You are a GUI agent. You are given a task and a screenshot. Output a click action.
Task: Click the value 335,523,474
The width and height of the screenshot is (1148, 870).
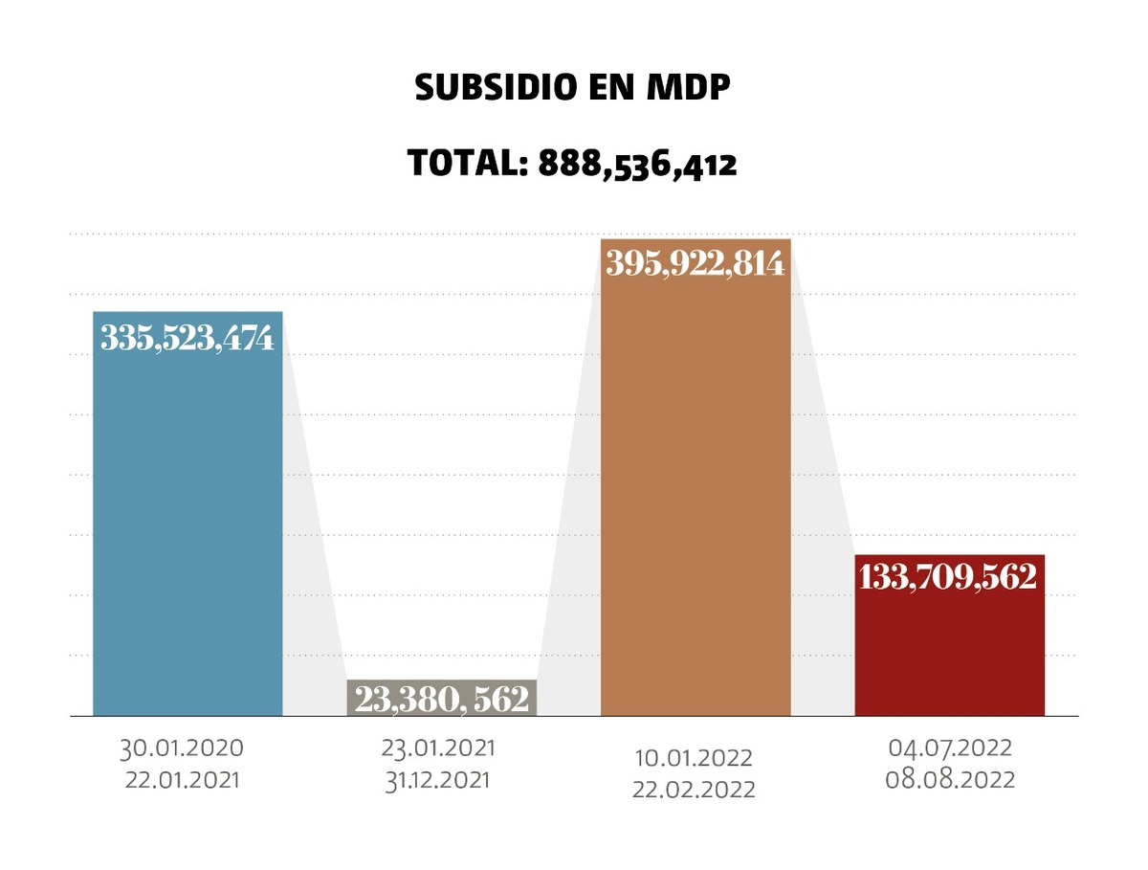[x=188, y=338]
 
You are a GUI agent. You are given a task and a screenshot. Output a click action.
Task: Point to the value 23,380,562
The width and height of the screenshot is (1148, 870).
[x=441, y=699]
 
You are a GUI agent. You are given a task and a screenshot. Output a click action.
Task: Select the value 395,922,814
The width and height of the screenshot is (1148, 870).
[x=695, y=263]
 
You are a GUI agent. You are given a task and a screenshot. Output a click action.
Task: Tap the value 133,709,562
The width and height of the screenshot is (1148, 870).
[x=949, y=577]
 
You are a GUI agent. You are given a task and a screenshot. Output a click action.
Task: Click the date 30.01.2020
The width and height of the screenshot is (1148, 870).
[x=182, y=747]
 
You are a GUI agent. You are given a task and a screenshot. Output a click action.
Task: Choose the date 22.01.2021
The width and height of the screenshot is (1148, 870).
[x=182, y=779]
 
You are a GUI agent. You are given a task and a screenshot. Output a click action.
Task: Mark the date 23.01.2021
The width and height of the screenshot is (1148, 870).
[x=439, y=747]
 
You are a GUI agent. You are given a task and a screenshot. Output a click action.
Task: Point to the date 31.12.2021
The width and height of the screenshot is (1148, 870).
[x=439, y=779]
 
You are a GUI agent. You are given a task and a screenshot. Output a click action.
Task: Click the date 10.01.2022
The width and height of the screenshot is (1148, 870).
[x=694, y=759]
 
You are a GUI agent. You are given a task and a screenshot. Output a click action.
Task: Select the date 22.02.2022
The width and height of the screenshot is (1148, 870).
[x=694, y=791]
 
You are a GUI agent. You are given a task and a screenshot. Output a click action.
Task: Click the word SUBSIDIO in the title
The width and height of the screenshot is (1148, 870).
[x=497, y=88]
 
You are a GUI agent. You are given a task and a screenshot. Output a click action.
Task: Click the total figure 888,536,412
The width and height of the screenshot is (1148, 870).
[x=637, y=164]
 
